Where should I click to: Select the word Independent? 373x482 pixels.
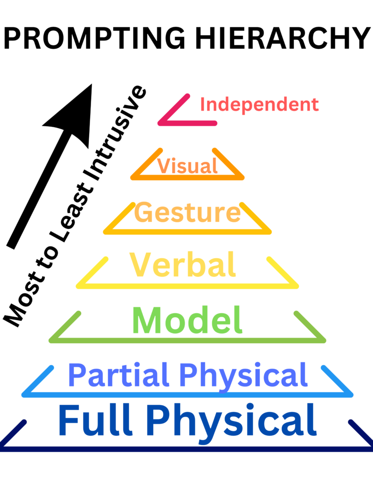click(259, 104)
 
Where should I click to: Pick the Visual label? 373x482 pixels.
click(187, 166)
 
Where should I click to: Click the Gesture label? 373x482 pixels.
click(188, 213)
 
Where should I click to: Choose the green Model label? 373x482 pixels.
click(187, 321)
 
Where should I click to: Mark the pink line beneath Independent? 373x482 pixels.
click(189, 123)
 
